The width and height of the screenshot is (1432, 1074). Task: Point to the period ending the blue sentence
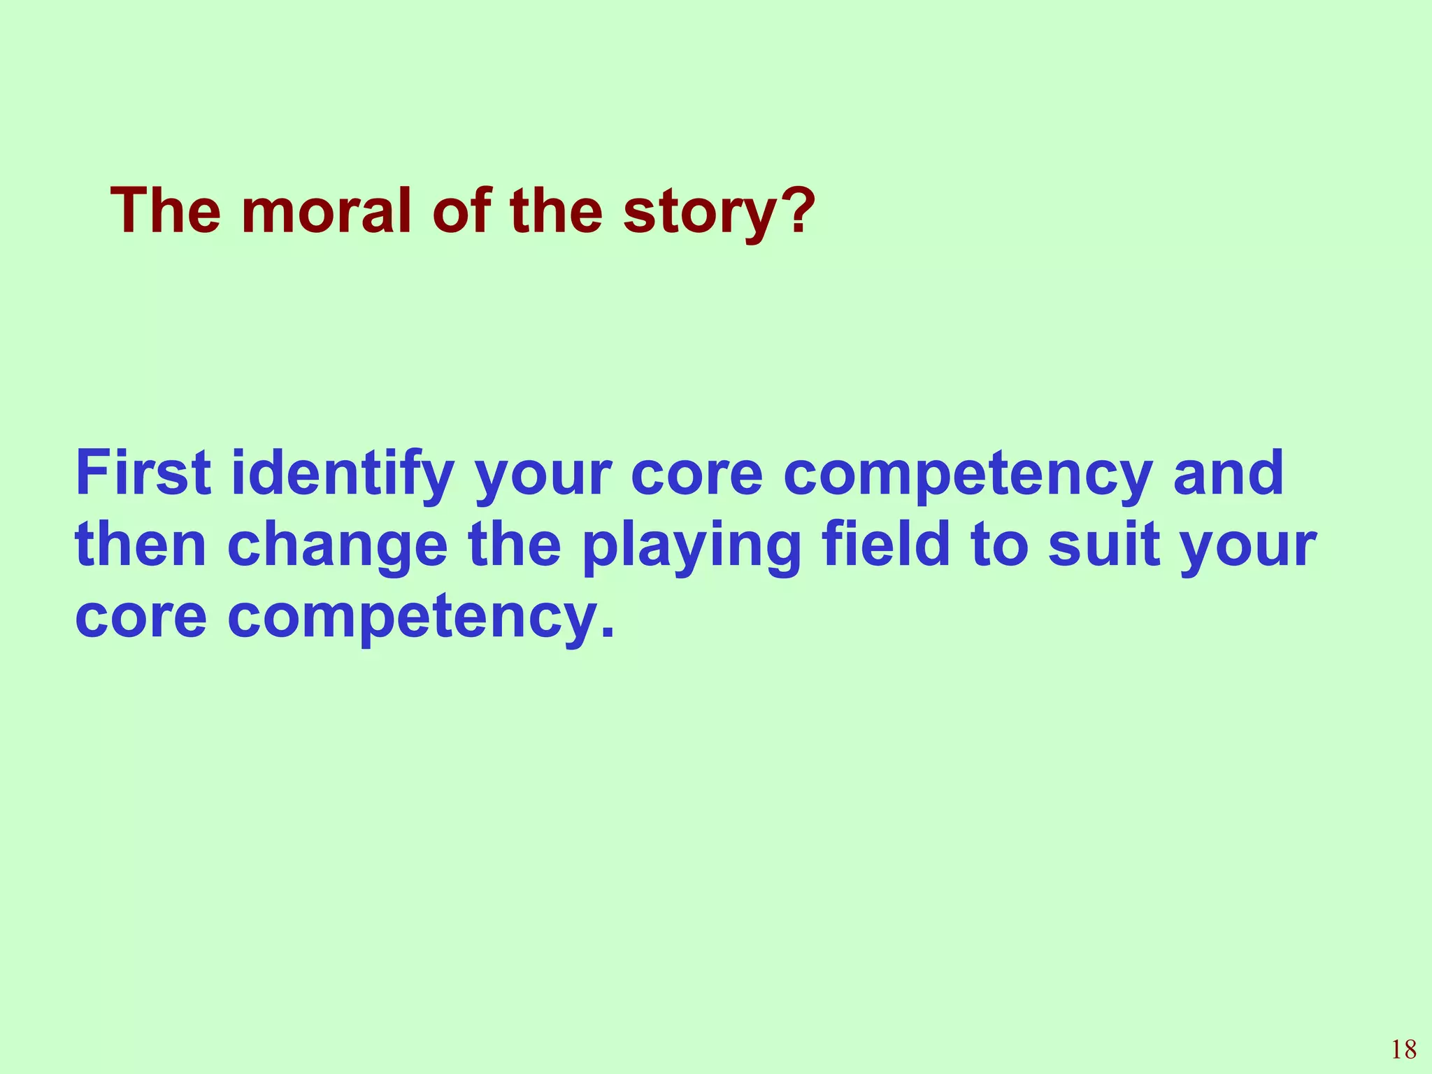[x=608, y=633]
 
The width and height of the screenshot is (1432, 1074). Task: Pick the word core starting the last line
[x=141, y=619]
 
